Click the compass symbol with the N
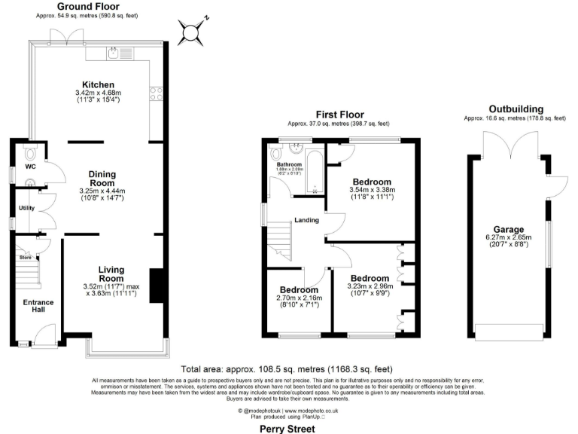pos(191,32)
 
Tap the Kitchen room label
pos(98,84)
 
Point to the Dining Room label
pos(102,178)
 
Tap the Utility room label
pos(26,207)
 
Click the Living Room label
pos(111,274)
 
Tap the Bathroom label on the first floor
pos(288,164)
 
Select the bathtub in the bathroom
pos(316,170)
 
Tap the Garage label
pos(509,229)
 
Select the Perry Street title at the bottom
pos(289,426)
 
